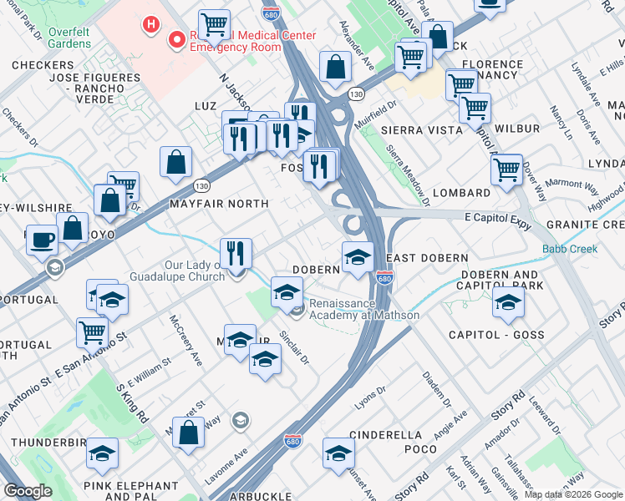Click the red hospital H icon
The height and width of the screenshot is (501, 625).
151,24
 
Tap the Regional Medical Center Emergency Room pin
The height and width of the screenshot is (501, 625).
176,39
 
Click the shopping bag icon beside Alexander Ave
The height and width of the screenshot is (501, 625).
335,68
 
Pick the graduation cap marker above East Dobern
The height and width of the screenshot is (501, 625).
358,256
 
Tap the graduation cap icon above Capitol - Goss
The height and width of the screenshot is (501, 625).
507,304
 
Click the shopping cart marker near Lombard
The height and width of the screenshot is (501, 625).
506,169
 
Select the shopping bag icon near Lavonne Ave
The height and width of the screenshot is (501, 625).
188,431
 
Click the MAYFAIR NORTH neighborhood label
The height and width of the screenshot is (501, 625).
219,204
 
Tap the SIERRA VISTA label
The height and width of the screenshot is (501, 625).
421,130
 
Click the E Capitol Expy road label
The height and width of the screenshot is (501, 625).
498,215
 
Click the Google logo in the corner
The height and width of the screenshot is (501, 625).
28,491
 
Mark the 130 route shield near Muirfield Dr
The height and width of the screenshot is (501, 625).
356,93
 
